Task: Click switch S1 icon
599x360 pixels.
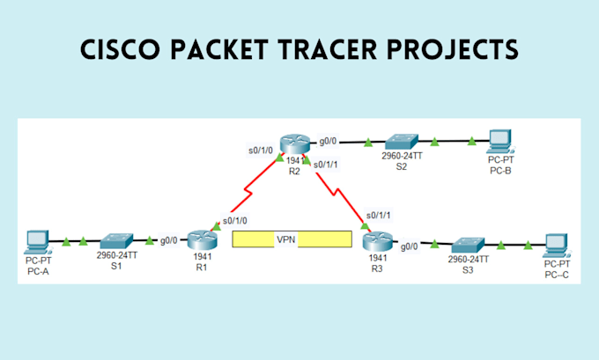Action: [116, 239]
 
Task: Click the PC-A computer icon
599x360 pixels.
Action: [38, 239]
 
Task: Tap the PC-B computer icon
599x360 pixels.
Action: [499, 139]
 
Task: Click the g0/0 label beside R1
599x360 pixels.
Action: [168, 239]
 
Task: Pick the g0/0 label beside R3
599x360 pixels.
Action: [410, 247]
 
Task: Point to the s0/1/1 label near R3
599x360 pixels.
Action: [378, 215]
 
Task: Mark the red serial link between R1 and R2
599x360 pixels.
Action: [248, 187]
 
